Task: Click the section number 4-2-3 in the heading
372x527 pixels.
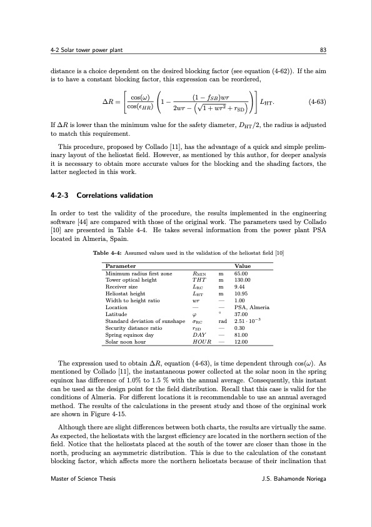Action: click(62, 195)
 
